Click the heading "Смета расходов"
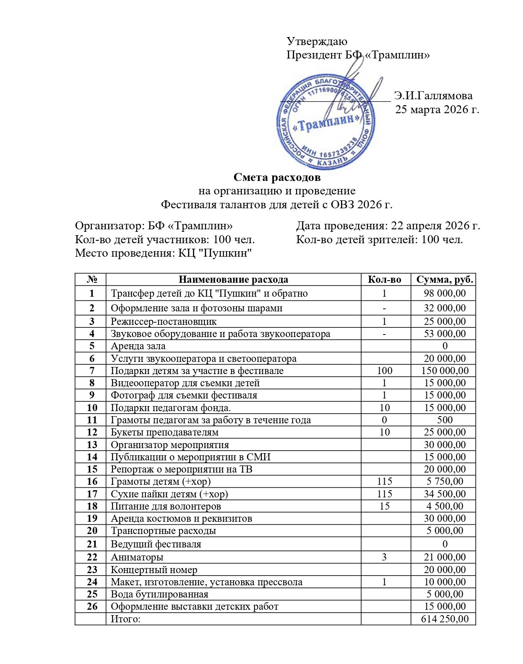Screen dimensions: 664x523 [x=277, y=178]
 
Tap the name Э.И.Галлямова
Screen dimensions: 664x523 [x=433, y=96]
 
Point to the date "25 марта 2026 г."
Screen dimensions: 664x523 [x=437, y=110]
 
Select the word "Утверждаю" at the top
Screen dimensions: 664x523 [x=317, y=41]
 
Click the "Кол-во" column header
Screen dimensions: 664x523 [x=385, y=280]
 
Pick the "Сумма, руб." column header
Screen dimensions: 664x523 [x=445, y=280]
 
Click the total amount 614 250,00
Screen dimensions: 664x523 [x=445, y=619]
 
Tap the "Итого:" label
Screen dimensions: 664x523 [x=125, y=619]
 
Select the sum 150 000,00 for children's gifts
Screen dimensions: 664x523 [x=445, y=371]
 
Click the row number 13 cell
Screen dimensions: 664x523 [x=92, y=445]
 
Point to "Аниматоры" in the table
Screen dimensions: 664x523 [x=137, y=558]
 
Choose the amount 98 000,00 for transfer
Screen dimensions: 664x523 [x=445, y=293]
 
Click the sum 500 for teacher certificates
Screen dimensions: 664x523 [x=445, y=420]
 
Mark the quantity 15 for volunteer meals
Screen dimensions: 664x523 [x=385, y=506]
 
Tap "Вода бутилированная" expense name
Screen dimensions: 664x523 [x=159, y=594]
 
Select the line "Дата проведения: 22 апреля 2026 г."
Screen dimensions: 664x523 [x=388, y=226]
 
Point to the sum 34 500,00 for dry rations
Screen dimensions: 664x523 [x=445, y=494]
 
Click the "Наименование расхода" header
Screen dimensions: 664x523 [x=233, y=280]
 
